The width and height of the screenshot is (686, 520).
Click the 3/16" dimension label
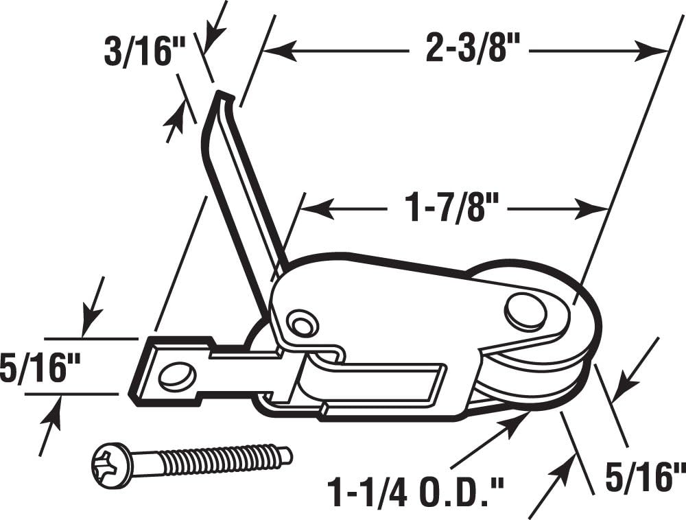click(137, 52)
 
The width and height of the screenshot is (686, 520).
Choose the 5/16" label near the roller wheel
click(644, 477)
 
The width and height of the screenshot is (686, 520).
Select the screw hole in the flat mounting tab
click(176, 375)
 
